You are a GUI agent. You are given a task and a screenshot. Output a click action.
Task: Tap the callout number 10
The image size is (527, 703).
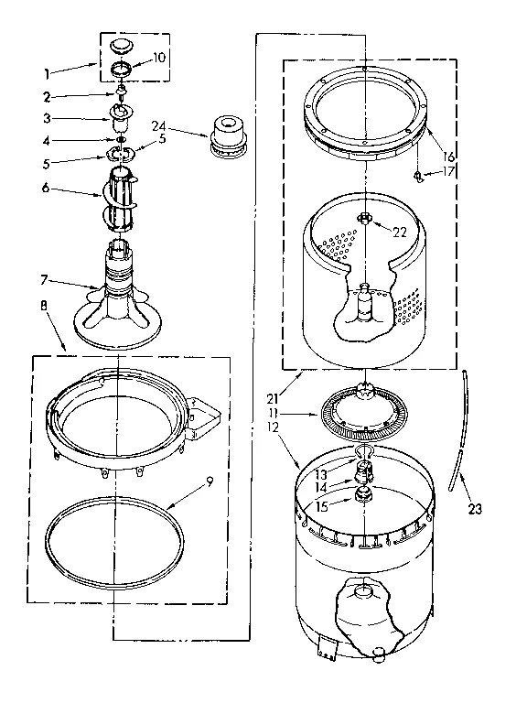point(158,58)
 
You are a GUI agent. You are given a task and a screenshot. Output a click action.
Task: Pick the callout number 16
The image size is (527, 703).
point(448,157)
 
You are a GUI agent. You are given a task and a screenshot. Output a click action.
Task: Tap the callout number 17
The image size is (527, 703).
point(448,170)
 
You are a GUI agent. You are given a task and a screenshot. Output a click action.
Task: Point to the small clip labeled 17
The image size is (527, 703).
point(417,176)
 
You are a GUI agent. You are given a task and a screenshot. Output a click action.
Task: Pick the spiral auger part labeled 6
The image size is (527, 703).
point(120,197)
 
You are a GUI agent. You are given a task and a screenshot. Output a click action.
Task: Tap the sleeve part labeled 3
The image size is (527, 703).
point(120,119)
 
